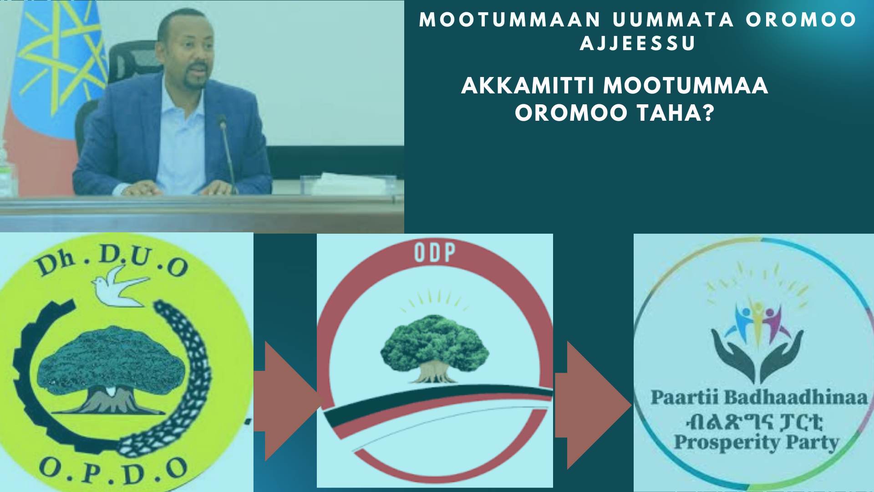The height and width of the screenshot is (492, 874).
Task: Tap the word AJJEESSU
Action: (638, 44)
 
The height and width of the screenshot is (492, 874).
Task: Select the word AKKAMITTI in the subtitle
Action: (528, 86)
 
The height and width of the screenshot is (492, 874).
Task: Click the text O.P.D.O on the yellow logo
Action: (114, 471)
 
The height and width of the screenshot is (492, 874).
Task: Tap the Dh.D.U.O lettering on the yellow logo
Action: (112, 260)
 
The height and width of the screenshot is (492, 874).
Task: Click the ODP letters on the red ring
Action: (435, 253)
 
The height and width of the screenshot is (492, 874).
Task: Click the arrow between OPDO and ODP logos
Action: (287, 401)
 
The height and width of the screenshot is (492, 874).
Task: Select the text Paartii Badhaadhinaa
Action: (759, 397)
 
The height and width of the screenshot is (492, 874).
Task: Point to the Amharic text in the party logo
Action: (755, 421)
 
